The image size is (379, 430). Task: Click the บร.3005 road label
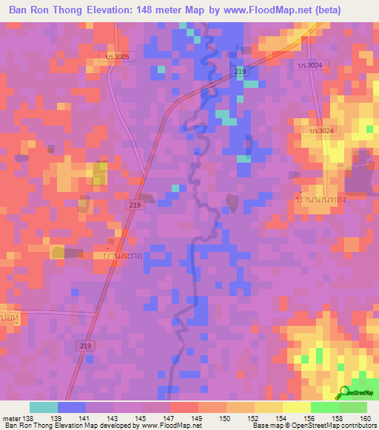point(117,56)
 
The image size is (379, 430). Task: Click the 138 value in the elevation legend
point(29,418)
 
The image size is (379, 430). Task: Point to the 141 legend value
point(86,418)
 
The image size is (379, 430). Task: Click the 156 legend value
point(310,418)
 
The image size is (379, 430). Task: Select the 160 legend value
point(366,418)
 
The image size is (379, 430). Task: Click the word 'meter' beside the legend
point(11,418)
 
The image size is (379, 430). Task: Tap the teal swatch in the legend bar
point(43,407)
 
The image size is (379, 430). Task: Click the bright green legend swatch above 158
point(324,407)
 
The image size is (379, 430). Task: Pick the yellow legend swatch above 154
point(268,407)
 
